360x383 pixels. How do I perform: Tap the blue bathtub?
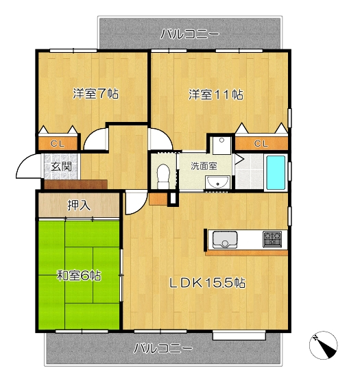(276, 173)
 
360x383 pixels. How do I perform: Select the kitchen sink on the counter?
(225, 239)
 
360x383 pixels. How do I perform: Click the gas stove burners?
(272, 239)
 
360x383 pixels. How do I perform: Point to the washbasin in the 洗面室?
(218, 182)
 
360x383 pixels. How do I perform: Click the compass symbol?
(323, 345)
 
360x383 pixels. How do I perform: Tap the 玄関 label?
(61, 166)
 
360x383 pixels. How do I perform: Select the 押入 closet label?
(79, 205)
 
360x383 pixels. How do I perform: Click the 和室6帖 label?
(79, 276)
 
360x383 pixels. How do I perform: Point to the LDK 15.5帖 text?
(208, 283)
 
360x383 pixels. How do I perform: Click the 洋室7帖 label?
(95, 93)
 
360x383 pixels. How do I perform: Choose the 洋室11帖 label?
(216, 95)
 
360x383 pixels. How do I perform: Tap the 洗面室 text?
(204, 166)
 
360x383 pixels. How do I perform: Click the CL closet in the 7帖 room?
(58, 143)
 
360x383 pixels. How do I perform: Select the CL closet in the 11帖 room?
(261, 143)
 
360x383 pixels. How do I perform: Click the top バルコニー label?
(190, 34)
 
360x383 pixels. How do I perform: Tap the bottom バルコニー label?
(163, 348)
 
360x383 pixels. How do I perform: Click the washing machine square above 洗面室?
(221, 145)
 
